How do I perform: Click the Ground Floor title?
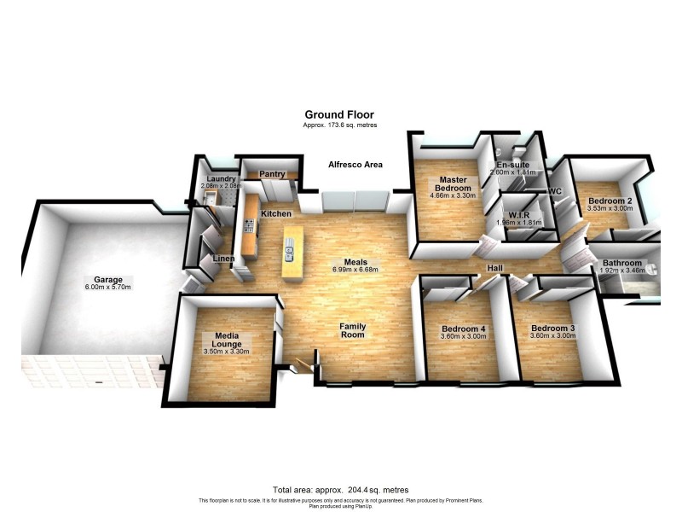339,114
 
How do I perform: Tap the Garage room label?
109,279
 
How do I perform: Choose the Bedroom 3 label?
552,329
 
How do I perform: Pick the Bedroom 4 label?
464,329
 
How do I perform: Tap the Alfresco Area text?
355,165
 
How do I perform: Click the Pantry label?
272,174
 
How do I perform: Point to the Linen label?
224,258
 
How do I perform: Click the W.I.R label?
519,216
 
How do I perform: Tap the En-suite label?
513,164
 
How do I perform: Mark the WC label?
554,191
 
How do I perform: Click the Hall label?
494,269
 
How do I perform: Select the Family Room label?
353,330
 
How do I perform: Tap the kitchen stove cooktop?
249,226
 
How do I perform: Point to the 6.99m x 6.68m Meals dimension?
355,271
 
